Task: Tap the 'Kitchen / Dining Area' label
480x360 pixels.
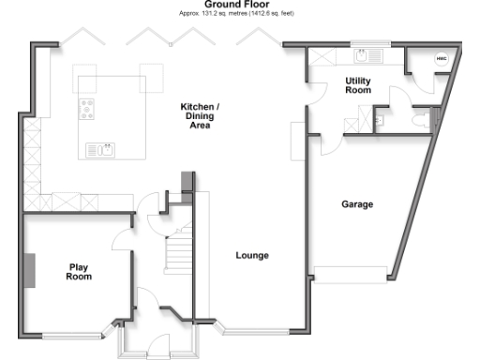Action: [x=201, y=116]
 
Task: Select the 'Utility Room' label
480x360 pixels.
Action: [x=358, y=85]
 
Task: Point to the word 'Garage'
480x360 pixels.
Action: [x=357, y=203]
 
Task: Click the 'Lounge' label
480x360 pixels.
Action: [x=252, y=255]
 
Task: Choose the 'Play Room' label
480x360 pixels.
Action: [x=80, y=272]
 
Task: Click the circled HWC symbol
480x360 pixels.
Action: [x=441, y=58]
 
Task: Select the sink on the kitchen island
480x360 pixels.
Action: [x=99, y=149]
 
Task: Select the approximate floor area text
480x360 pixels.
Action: [x=238, y=15]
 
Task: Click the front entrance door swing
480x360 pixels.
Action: [x=157, y=345]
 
